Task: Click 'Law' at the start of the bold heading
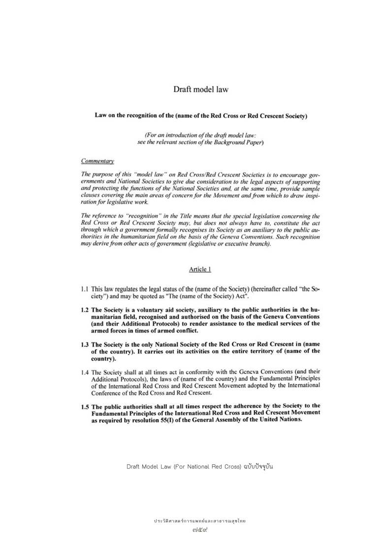pyautogui.click(x=100, y=116)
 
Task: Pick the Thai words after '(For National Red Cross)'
pyautogui.click(x=258, y=466)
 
